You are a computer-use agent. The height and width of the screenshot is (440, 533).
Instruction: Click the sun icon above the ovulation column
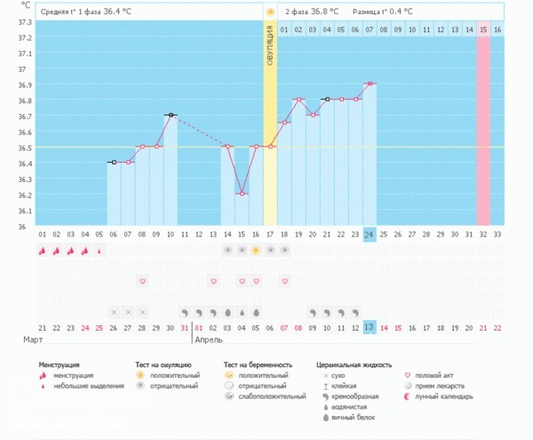pos(270,12)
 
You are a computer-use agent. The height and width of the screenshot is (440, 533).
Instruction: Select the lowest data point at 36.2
pos(242,193)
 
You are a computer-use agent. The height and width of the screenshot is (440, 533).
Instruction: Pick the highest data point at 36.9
pos(370,84)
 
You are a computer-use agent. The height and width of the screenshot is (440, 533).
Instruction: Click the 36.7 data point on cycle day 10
pos(171,115)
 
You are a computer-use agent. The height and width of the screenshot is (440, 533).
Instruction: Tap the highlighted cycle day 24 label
pos(370,234)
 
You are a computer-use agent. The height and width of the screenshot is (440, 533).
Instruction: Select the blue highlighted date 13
pos(370,327)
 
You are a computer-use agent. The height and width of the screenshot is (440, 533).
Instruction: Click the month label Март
pos(34,340)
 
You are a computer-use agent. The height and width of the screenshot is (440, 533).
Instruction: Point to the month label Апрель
pos(209,340)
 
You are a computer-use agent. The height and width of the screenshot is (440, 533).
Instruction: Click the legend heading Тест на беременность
pos(259,364)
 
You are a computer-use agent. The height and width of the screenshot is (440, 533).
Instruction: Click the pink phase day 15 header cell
pos(483,29)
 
